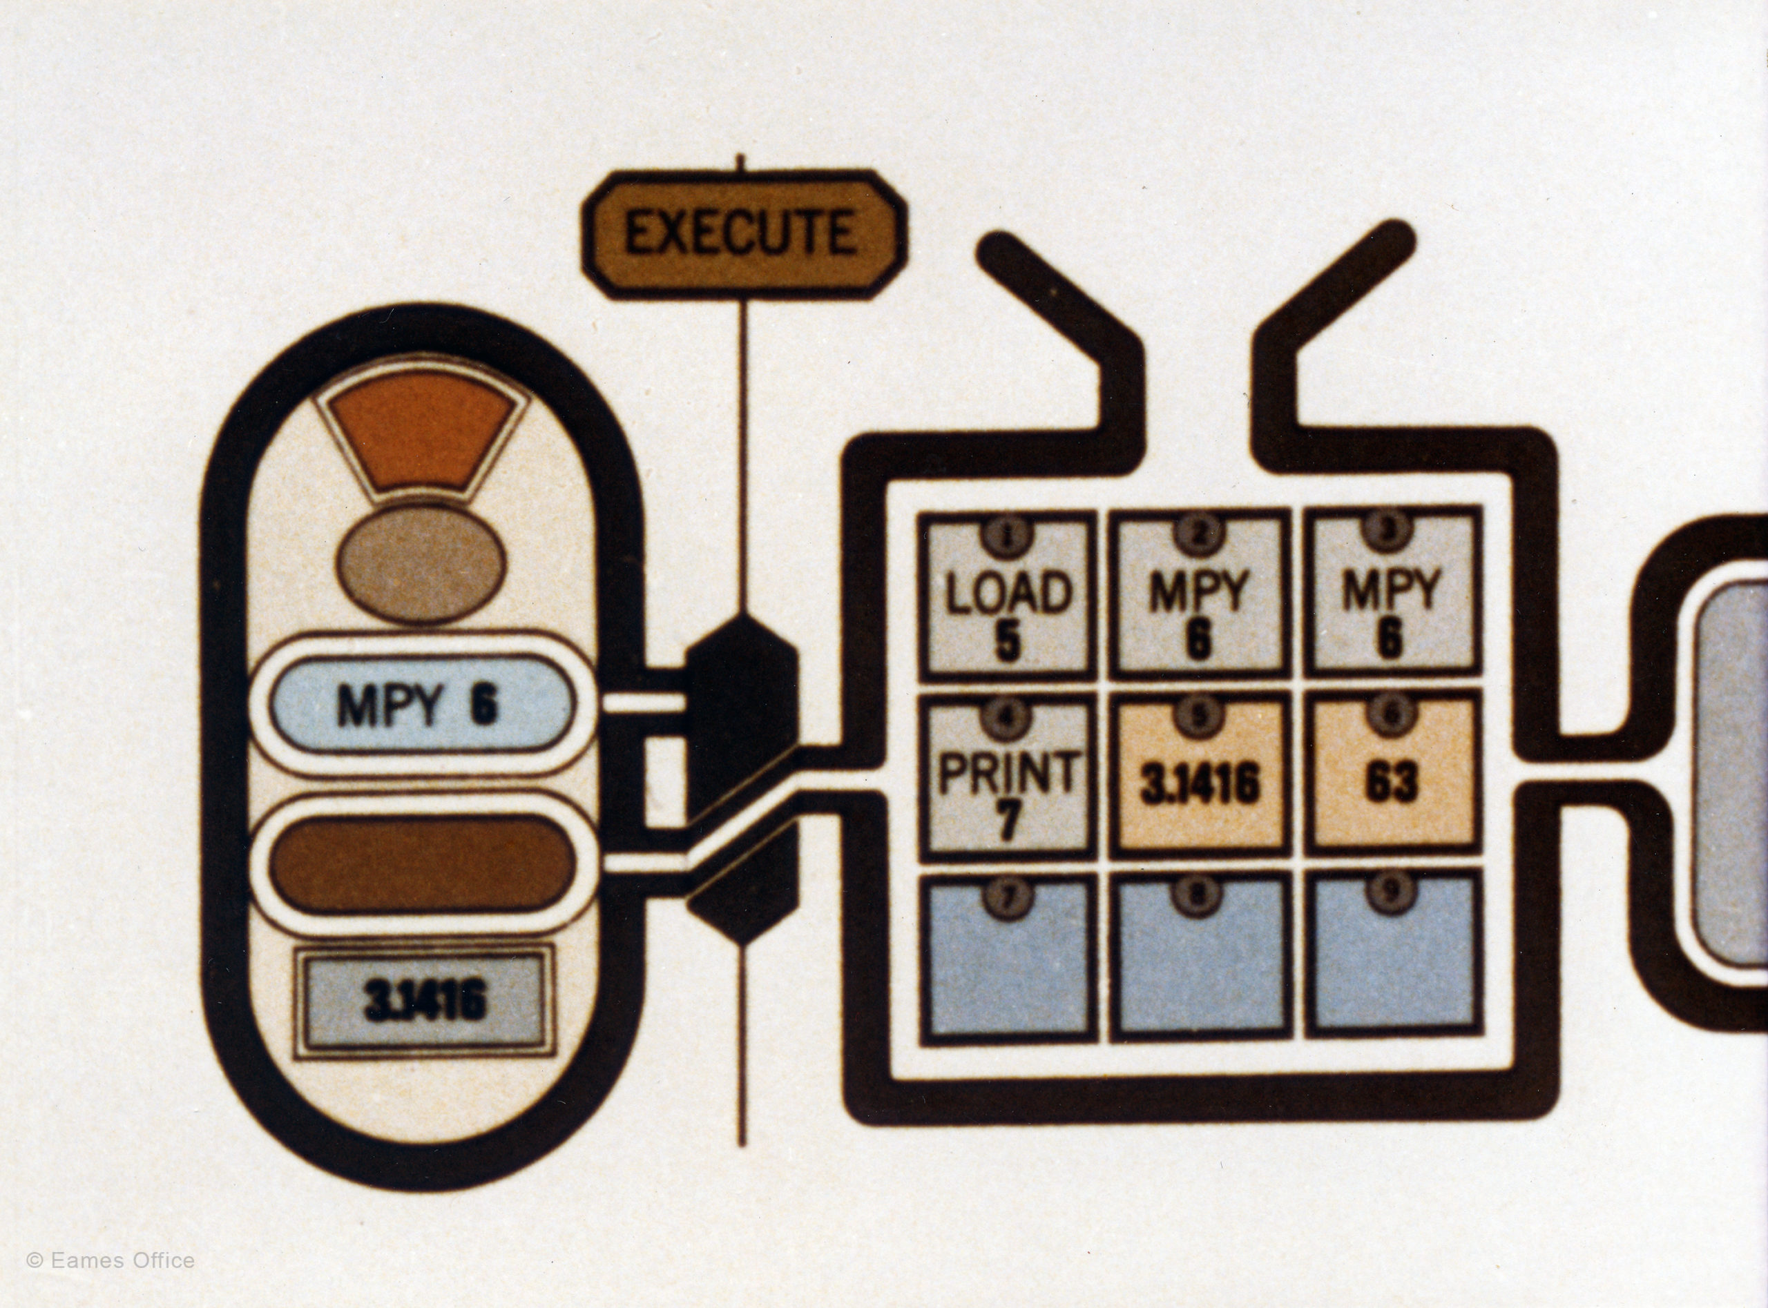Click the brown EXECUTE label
743,233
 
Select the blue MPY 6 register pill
420,704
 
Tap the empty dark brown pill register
420,865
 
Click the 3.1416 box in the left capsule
425,1003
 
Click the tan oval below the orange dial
420,563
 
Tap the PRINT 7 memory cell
1008,780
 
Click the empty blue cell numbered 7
1008,958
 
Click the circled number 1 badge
1008,534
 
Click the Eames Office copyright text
111,1260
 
